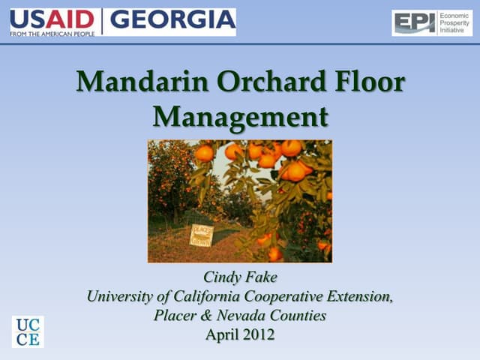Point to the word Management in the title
coord(240,116)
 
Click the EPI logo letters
coord(415,23)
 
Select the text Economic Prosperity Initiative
coord(454,23)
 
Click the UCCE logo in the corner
coord(28,331)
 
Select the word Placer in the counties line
coord(174,316)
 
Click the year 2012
coord(258,334)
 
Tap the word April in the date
coord(221,334)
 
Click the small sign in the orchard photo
coord(200,234)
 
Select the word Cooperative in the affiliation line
coord(280,296)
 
